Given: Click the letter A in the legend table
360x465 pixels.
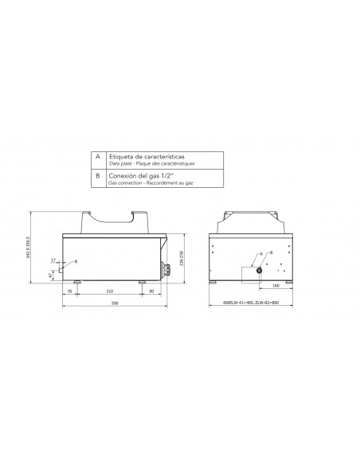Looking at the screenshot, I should tap(97, 158).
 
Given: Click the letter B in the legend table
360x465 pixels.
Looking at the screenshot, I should tap(97, 177).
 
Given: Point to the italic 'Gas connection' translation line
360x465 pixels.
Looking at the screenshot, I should tap(151, 182).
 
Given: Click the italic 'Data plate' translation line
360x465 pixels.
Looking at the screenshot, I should tap(151, 163).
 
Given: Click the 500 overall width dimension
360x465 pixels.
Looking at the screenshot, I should tap(115, 303).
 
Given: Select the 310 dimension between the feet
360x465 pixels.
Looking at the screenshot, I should tap(108, 292).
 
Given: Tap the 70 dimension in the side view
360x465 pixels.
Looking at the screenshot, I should tap(70, 292).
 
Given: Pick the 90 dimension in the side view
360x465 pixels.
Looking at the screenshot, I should tap(151, 292).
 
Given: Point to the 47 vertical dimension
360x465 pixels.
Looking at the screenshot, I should tap(50, 275).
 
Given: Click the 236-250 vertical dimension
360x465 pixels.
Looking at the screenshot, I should tap(182, 256).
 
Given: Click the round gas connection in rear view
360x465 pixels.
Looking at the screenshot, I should tap(260, 270).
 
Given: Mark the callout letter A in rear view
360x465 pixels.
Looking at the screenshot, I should tap(260, 253).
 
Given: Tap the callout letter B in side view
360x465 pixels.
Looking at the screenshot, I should tap(76, 261).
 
